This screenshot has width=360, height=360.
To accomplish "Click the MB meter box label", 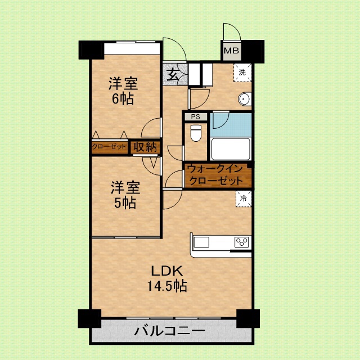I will coord(232,52).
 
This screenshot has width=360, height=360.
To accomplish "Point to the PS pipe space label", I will coord(195,117).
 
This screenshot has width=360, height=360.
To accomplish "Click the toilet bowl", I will coord(195,134).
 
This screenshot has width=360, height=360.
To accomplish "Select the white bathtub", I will coord(230,149).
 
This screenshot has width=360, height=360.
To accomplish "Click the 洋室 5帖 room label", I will coord(123,194).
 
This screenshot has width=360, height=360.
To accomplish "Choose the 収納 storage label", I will coord(145,147).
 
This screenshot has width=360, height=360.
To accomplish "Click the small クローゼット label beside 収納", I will coord(110,147).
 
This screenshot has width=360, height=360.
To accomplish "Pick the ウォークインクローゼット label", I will coord(215,175).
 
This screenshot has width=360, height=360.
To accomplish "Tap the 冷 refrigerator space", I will coord(244,199).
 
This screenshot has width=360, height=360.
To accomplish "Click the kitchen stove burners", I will coord(242,242).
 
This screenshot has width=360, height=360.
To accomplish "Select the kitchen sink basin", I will coord(201,242).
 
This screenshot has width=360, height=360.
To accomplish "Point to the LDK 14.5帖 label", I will coord(167,277).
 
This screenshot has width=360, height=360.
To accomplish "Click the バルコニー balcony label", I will coord(169,331).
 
